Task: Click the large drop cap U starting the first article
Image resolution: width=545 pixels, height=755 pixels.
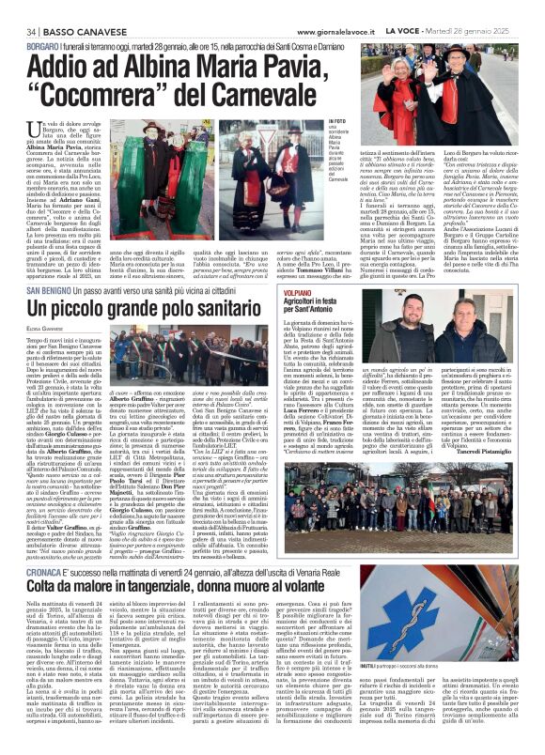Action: pos(20,135)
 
